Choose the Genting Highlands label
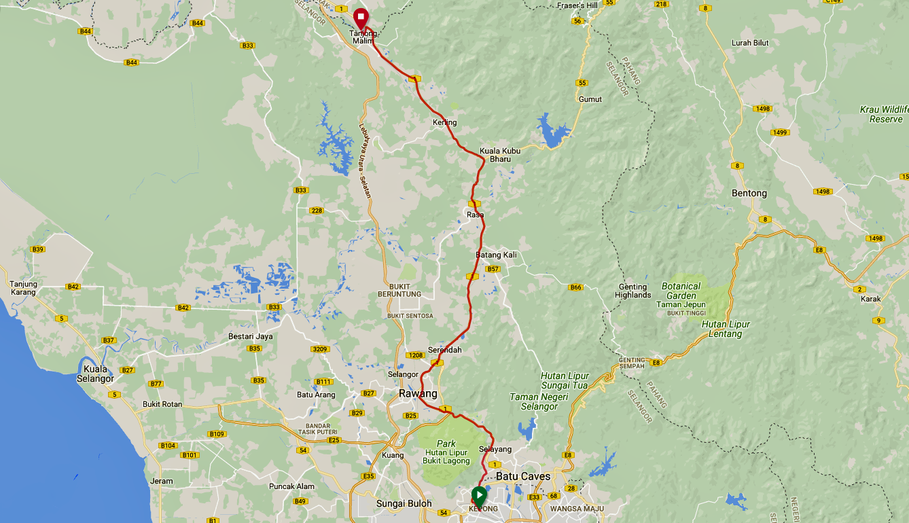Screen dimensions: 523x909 pos(633,291)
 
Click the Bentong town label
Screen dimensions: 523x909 pos(749,193)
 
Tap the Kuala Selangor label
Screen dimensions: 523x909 pos(95,374)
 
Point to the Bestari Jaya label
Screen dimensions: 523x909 pos(250,337)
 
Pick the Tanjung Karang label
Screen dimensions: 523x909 pos(24,288)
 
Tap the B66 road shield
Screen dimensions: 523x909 pos(576,287)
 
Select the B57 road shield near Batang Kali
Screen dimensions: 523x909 pos(493,269)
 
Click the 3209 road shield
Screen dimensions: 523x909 pos(320,350)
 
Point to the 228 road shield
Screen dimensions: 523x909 pos(317,211)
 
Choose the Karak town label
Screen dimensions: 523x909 pos(870,299)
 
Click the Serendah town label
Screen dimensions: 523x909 pos(445,350)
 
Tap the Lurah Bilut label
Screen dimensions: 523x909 pos(750,43)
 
